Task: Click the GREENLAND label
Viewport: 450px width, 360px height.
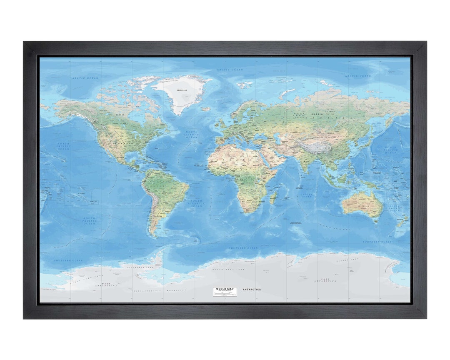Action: point(182,90)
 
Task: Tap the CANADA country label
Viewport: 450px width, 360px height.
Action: point(120,114)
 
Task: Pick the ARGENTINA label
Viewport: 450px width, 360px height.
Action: point(157,217)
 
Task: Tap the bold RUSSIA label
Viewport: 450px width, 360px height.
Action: point(317,114)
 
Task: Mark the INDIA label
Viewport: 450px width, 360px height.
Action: point(306,160)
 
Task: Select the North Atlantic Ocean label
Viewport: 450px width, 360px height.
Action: point(193,134)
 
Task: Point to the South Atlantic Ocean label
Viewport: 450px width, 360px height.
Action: point(196,203)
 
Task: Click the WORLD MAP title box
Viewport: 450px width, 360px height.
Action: point(225,291)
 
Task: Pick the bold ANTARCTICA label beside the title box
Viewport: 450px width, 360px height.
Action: point(252,289)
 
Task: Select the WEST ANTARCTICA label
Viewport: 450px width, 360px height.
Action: point(102,285)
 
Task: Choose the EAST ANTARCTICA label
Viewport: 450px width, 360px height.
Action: point(325,280)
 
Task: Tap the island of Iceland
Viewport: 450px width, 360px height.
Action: point(206,109)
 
